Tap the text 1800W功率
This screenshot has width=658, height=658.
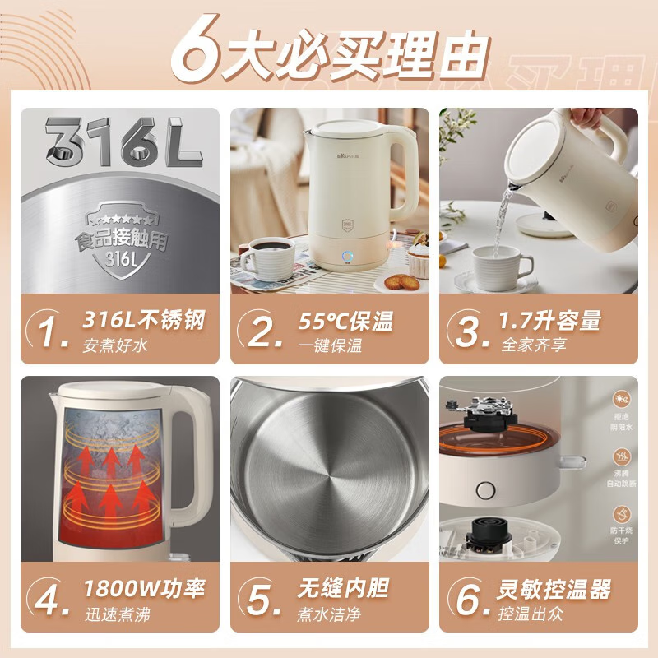[x=144, y=589]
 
